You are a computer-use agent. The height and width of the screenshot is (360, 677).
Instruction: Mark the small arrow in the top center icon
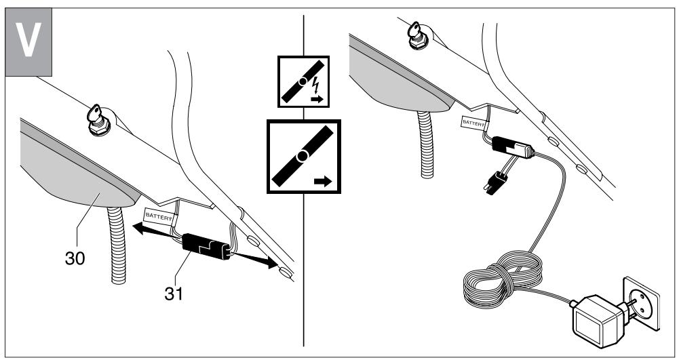coord(317,98)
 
